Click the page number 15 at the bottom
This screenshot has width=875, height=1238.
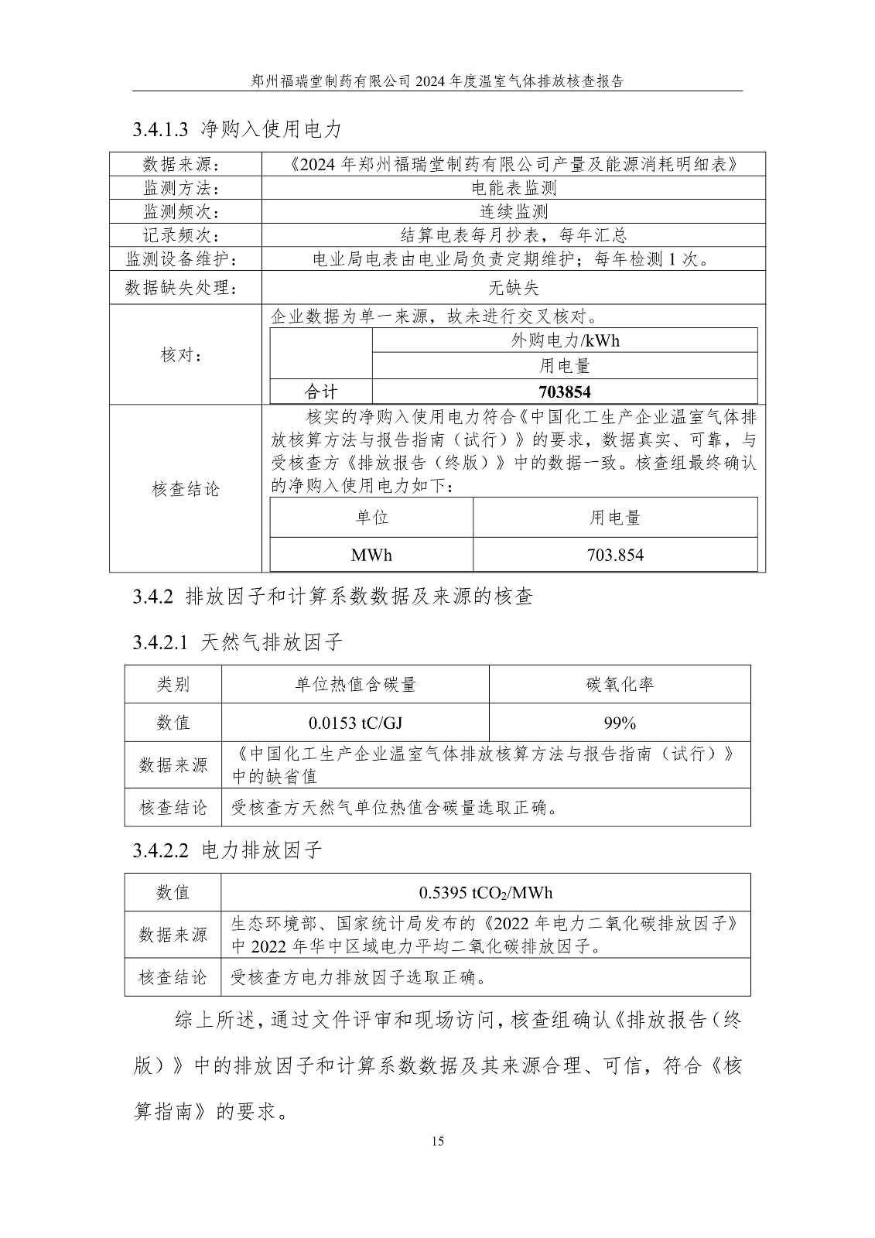click(438, 1141)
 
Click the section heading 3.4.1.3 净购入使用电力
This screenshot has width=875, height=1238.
click(237, 128)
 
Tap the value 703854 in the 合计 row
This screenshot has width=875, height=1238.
click(565, 392)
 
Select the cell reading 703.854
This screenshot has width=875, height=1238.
click(615, 555)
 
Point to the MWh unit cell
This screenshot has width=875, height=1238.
click(371, 555)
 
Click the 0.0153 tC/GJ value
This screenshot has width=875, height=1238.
click(355, 723)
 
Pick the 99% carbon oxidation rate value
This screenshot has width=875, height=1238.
click(620, 723)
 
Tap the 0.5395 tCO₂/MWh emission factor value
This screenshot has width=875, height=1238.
click(486, 893)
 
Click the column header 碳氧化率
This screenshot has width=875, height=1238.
click(620, 684)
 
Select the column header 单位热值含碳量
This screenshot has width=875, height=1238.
click(355, 684)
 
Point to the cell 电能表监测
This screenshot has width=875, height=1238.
click(514, 188)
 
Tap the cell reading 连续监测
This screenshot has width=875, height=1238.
click(514, 211)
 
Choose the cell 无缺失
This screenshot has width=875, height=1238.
click(514, 288)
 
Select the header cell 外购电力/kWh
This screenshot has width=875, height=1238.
click(565, 340)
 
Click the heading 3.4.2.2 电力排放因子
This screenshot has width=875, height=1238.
click(227, 850)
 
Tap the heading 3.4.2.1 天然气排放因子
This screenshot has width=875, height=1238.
click(237, 641)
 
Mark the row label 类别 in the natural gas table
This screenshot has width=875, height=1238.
click(173, 684)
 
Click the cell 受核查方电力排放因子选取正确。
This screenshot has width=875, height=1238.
click(359, 977)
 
